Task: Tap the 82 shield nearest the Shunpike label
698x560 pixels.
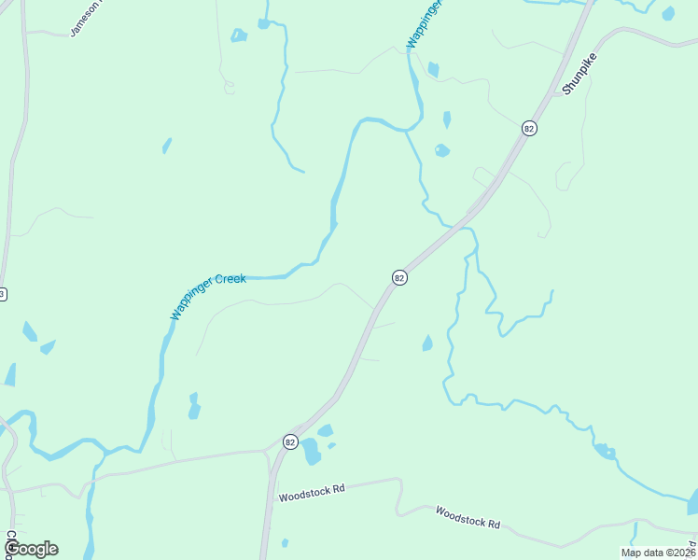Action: click(529, 128)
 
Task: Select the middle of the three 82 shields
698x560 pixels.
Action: click(399, 277)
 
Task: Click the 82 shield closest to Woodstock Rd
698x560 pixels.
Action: click(290, 441)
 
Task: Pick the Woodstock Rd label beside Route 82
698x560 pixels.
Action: click(312, 488)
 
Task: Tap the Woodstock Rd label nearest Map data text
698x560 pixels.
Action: click(468, 517)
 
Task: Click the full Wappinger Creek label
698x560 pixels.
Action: click(207, 295)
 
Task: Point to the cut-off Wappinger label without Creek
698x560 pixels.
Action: click(423, 24)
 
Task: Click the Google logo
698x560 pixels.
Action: click(30, 548)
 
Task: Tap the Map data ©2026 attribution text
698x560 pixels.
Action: click(657, 552)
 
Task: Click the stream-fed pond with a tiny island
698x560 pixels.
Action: click(606, 452)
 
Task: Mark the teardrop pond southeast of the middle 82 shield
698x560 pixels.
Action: click(427, 343)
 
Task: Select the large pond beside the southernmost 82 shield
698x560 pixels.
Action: click(310, 452)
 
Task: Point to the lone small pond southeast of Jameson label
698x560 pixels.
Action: click(166, 146)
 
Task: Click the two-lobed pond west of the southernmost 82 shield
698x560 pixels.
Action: click(194, 406)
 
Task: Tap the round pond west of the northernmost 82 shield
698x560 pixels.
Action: click(442, 149)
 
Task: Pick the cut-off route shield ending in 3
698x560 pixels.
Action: click(3, 294)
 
